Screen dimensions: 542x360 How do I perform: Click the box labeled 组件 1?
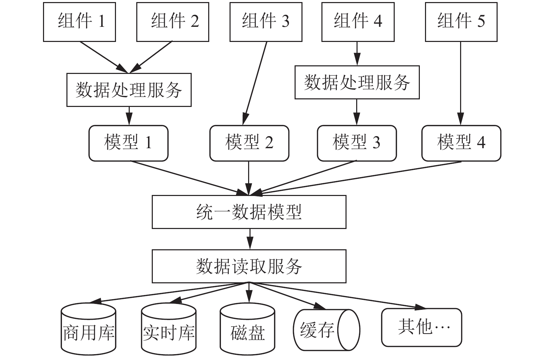coord(79,22)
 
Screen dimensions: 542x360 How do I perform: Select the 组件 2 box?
coord(173,22)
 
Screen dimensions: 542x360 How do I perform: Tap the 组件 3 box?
coord(266,22)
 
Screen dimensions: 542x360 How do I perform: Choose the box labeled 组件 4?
coord(358,22)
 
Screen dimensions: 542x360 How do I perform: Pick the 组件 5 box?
coord(461,22)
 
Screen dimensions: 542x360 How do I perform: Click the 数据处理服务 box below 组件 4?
coord(357,82)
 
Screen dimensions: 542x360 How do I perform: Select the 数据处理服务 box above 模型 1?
coord(129,90)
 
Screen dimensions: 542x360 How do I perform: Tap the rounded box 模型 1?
coord(128,143)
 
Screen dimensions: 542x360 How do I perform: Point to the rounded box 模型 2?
coord(249,143)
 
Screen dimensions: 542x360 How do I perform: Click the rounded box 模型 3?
coord(357,143)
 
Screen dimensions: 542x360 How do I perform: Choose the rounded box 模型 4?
coord(461,143)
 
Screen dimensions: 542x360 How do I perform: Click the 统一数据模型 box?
coord(249,212)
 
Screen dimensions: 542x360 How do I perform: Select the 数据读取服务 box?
coord(249,266)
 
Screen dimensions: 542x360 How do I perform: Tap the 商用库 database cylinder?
coord(88,329)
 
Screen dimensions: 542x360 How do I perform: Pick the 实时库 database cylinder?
coord(169,329)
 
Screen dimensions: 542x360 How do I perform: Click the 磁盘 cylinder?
coord(247,329)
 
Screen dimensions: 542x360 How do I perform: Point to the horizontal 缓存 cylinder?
coord(327,330)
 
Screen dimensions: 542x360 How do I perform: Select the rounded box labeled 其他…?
coord(422,327)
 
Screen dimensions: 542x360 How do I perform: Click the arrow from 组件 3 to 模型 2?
coord(255,84)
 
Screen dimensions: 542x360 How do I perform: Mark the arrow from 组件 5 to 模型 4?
coord(460,84)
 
